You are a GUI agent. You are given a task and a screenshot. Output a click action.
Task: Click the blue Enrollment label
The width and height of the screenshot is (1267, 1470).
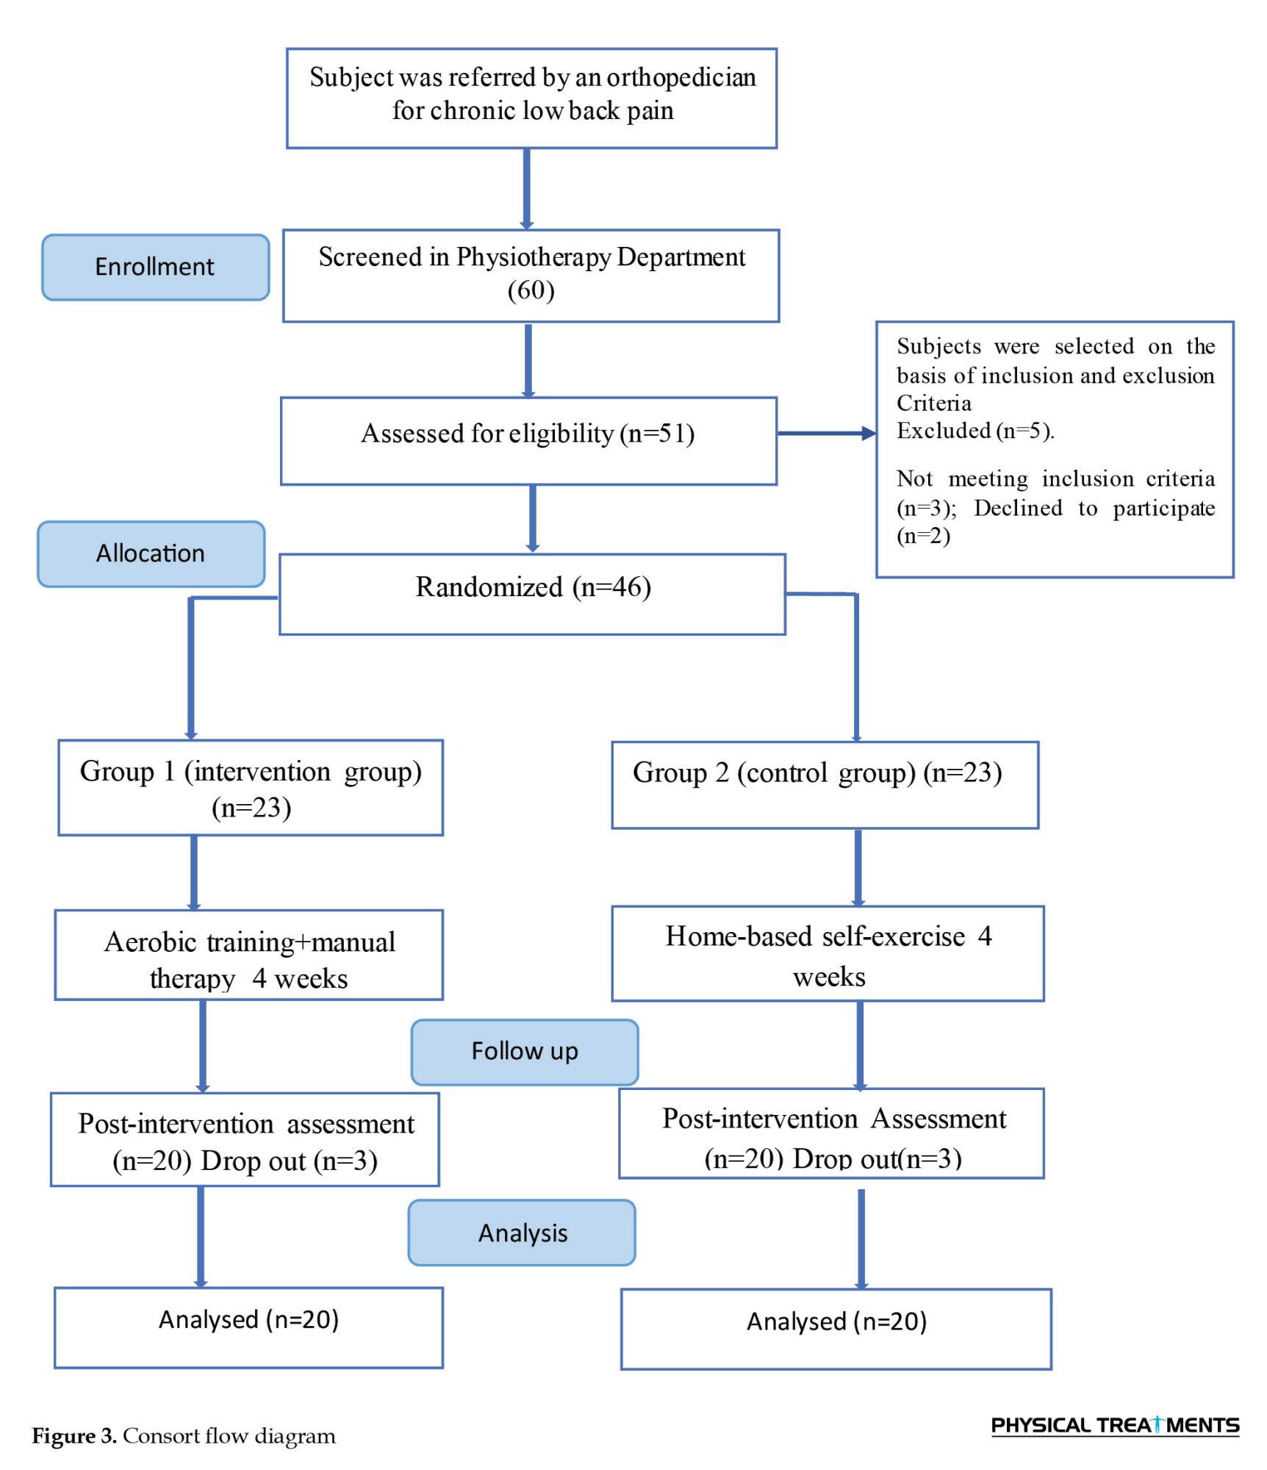(x=155, y=267)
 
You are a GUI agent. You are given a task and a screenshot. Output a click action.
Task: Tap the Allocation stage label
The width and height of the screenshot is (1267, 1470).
(x=151, y=553)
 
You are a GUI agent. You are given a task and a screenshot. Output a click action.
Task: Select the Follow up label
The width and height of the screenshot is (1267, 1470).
(x=525, y=1052)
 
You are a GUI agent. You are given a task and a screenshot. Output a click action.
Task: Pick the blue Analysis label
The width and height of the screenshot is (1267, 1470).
(x=522, y=1233)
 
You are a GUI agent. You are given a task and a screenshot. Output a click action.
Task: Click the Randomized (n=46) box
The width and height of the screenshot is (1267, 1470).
(x=532, y=594)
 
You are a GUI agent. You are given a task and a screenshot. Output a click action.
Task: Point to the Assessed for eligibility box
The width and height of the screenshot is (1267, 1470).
(x=528, y=441)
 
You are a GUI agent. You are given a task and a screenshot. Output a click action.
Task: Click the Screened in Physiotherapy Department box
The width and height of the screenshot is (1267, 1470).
(x=531, y=276)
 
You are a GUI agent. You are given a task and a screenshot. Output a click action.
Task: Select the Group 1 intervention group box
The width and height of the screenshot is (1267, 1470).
(x=251, y=787)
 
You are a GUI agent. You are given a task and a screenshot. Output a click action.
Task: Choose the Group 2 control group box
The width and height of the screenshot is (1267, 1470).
(x=825, y=785)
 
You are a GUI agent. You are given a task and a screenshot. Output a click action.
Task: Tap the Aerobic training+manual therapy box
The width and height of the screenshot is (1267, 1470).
(x=249, y=955)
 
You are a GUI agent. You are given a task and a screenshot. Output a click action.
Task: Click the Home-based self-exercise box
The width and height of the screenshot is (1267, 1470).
(x=828, y=953)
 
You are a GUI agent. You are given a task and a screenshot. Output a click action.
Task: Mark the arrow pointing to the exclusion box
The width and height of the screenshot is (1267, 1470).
(x=827, y=433)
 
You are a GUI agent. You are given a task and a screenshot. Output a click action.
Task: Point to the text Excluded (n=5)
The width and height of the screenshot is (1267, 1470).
(x=975, y=431)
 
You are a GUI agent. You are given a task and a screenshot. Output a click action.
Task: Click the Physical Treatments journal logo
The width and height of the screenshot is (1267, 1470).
(x=1115, y=1425)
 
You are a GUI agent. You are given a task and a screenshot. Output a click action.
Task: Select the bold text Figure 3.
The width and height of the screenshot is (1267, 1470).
(x=74, y=1435)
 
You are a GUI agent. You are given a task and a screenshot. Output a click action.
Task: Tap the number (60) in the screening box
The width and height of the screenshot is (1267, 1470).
(x=531, y=290)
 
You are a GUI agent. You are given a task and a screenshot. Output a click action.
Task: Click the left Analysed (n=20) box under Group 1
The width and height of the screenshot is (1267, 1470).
(x=248, y=1327)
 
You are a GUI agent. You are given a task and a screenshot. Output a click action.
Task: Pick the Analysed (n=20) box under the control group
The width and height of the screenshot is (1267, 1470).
(x=836, y=1329)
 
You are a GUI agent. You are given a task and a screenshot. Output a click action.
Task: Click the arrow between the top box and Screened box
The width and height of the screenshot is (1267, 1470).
(x=527, y=189)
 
